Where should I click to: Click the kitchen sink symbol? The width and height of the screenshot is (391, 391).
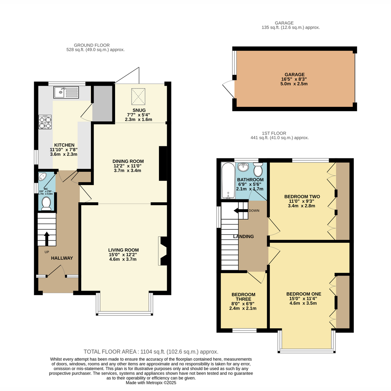(x=66, y=92)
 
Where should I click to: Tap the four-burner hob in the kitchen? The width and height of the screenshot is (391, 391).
(x=45, y=122)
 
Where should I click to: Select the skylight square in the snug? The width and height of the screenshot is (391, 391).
(x=138, y=96)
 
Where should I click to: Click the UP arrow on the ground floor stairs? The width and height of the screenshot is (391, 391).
(x=47, y=239)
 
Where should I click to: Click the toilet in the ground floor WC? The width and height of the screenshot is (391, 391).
(x=46, y=204)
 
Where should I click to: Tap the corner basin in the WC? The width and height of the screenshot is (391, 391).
(x=42, y=177)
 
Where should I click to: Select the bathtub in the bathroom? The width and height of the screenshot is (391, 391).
(x=228, y=181)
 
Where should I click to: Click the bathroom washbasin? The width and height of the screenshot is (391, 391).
(x=243, y=167)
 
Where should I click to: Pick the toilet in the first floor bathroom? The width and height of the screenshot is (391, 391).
(x=258, y=169)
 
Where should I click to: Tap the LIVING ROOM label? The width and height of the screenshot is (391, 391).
(x=123, y=250)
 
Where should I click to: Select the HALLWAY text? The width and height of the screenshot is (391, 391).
(x=62, y=258)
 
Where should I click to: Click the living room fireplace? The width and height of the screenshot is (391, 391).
(x=163, y=251)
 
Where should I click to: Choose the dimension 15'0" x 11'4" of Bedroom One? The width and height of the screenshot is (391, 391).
(x=303, y=298)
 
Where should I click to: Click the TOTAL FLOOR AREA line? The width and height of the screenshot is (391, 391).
(x=151, y=352)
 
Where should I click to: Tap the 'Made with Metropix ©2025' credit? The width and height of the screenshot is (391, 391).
(x=151, y=383)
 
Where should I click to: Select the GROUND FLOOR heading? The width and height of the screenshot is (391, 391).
(x=92, y=45)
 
